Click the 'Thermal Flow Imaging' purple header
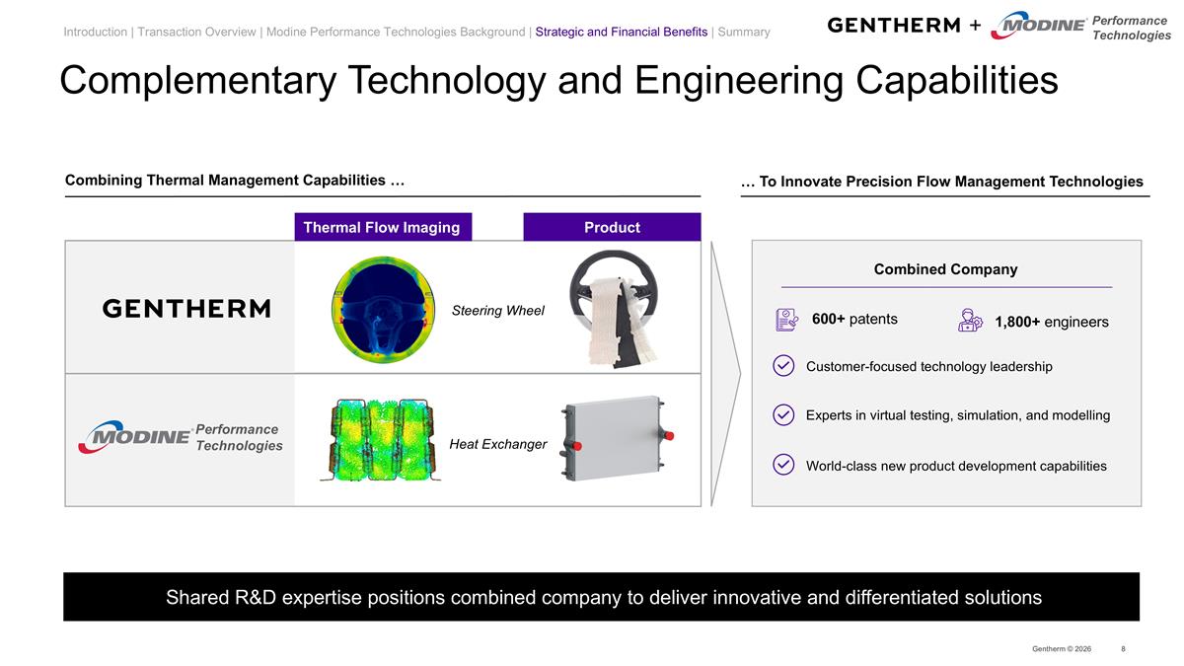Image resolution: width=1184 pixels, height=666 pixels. (382, 227)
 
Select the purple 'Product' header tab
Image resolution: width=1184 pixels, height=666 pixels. (612, 227)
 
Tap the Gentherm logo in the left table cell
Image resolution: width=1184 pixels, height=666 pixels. (186, 309)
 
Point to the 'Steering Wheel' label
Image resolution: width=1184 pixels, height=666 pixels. (497, 311)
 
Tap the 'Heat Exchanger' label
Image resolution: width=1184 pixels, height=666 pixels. (497, 444)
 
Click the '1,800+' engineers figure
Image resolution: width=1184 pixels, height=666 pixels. (1017, 322)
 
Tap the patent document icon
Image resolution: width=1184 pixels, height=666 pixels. (786, 320)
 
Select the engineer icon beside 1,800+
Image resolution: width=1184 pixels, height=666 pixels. (970, 321)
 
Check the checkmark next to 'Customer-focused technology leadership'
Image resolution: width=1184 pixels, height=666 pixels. (783, 366)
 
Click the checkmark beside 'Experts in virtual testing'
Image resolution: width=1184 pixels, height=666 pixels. (783, 414)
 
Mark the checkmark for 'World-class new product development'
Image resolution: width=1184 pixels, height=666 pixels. (783, 465)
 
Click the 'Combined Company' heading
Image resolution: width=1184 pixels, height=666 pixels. (945, 269)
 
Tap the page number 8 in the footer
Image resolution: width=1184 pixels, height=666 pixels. (1123, 648)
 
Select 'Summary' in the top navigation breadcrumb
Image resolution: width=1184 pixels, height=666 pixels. (743, 32)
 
